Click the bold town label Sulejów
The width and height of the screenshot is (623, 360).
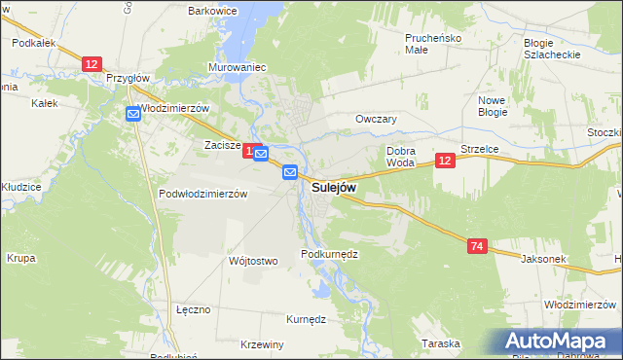tap(334, 186)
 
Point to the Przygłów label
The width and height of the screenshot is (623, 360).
tap(128, 78)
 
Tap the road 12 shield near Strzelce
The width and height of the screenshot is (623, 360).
tap(445, 161)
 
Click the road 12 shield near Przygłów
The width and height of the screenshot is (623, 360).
tap(91, 64)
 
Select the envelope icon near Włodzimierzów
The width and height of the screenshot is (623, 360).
tap(133, 114)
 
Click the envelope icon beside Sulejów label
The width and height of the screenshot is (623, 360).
tap(290, 172)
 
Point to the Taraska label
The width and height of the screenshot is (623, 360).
tap(440, 343)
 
